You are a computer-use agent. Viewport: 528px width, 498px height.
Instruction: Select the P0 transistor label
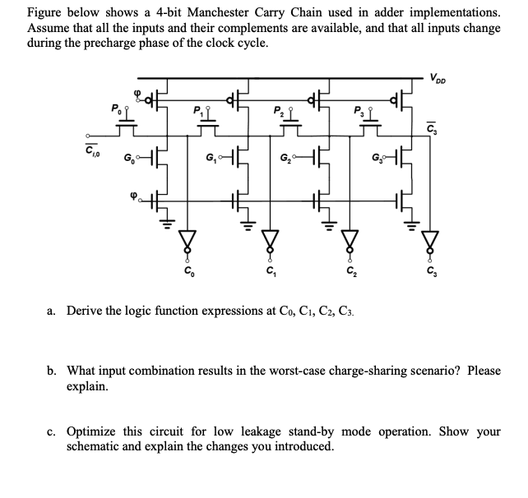click(x=115, y=108)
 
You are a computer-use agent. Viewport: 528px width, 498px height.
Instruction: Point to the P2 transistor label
click(x=277, y=108)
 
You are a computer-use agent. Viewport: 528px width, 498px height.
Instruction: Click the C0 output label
click(x=191, y=273)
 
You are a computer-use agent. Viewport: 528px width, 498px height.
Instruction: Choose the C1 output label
click(x=268, y=273)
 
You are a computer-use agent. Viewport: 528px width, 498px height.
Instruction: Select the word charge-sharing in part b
click(x=369, y=371)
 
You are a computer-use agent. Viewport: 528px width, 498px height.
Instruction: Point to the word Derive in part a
click(x=85, y=311)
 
